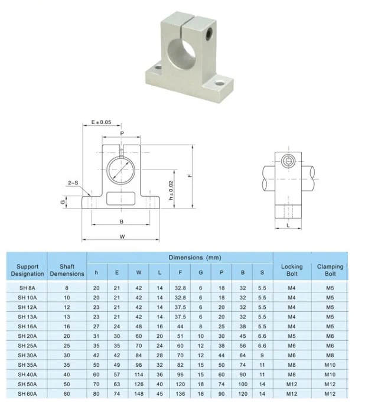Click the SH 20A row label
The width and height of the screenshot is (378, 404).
[x=27, y=336]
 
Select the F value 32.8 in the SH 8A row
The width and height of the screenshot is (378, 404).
[x=180, y=288]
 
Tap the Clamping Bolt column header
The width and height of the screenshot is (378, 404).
[x=330, y=270]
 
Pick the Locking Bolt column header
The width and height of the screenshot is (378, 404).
[x=292, y=270]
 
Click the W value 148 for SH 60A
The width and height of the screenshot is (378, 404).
[x=139, y=394]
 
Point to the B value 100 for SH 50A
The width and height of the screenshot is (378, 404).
[x=243, y=384]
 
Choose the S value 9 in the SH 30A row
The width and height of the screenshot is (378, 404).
[x=262, y=356]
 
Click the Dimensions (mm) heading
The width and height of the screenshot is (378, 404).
[x=195, y=258]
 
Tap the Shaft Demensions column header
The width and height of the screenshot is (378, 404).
[x=67, y=270]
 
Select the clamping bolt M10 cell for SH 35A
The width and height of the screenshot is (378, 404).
[x=330, y=365]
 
